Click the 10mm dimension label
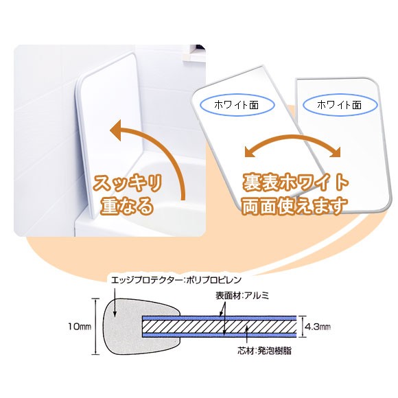point(80,326)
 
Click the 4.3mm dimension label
point(318,327)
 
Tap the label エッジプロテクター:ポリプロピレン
point(176,280)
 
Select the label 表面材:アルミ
point(242,296)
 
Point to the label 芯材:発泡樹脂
point(264,351)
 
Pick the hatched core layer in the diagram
point(220,327)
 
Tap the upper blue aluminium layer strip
point(220,318)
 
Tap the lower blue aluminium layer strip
point(220,336)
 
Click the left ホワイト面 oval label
point(237,105)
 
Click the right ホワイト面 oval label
point(340,105)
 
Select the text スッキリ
point(127,183)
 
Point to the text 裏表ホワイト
point(295,183)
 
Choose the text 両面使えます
point(294,206)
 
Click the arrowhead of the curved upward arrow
point(117,130)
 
